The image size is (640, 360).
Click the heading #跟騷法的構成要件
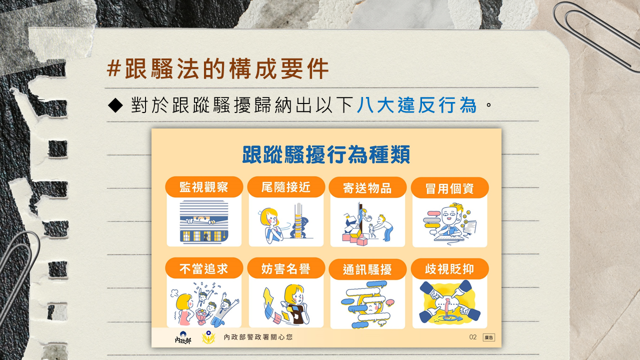(217, 68)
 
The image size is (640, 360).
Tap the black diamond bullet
(115, 105)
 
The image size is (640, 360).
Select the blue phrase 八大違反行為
(416, 105)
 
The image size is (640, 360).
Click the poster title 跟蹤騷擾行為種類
(326, 154)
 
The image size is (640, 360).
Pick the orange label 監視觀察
(204, 187)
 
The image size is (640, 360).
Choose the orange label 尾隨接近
(286, 187)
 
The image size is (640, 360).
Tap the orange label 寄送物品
(367, 187)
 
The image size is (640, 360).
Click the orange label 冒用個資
(449, 188)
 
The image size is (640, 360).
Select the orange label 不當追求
(204, 268)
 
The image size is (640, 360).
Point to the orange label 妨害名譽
(286, 268)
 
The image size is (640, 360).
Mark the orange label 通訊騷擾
(367, 269)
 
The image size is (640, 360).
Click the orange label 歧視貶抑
(449, 269)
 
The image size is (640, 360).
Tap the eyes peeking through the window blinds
(203, 219)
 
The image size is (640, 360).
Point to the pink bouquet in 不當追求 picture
(201, 315)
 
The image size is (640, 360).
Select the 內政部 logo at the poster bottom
(183, 337)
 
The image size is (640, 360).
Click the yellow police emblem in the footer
(208, 337)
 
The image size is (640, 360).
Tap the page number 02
(473, 337)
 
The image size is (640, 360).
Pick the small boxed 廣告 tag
(489, 337)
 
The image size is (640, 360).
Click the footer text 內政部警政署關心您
(258, 337)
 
